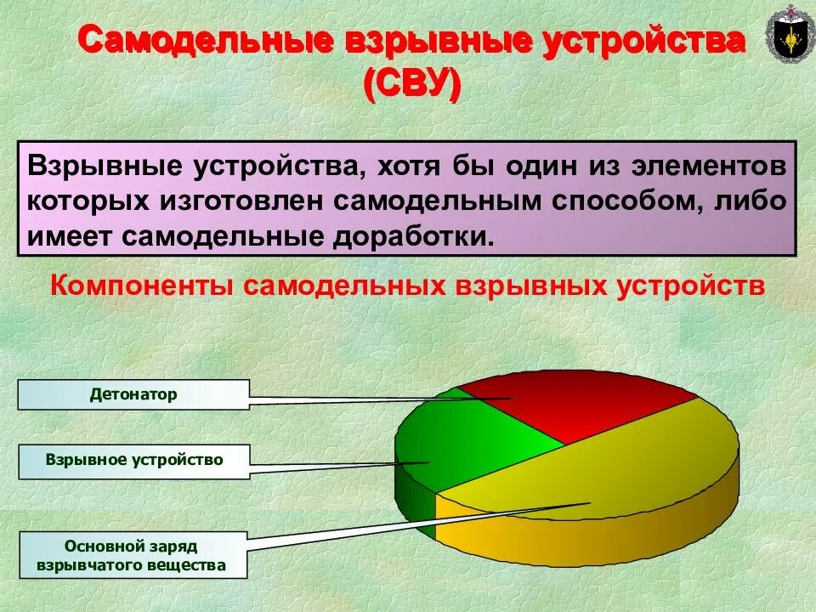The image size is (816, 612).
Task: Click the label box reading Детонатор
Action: point(133,395)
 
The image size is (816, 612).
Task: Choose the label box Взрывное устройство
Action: point(133,460)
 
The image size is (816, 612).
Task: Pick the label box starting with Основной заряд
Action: point(133,554)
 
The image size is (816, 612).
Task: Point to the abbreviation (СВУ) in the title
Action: point(412,85)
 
